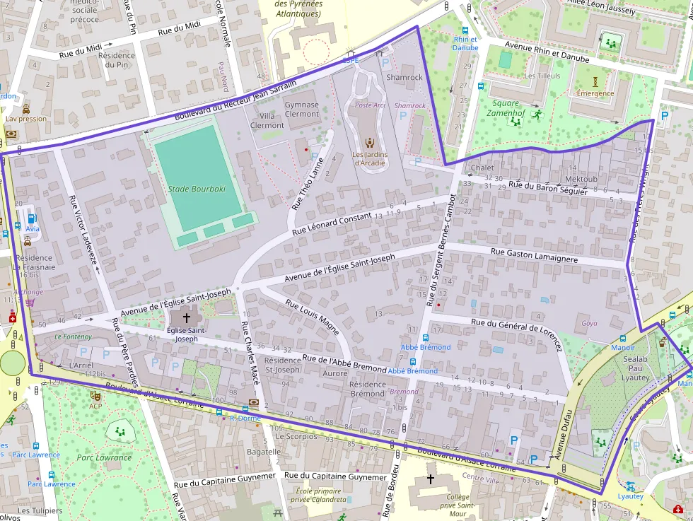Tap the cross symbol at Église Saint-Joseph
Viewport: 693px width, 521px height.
(187, 318)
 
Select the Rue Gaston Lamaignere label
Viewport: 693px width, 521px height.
(534, 255)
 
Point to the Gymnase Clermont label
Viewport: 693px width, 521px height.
(302, 110)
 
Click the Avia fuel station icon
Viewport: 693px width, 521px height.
(33, 218)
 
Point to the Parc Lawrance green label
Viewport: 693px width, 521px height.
(104, 458)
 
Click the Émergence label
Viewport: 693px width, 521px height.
(595, 93)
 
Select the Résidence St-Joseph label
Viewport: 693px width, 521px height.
(282, 365)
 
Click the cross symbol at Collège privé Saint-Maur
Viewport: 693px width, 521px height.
(431, 479)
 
